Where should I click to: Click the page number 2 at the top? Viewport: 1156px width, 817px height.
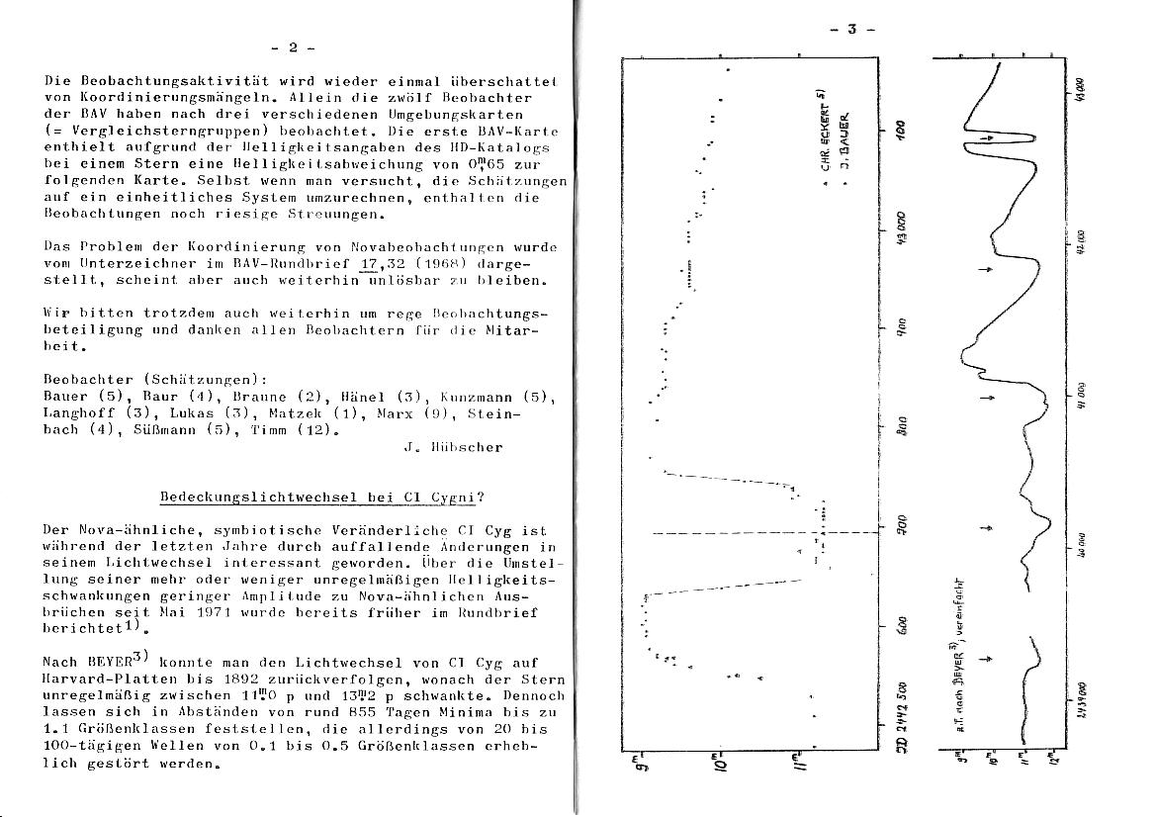tap(292, 46)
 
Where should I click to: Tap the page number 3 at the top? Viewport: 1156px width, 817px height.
tap(851, 30)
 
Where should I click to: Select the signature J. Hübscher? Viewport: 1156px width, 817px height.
tap(453, 447)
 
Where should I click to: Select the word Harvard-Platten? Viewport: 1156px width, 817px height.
tap(109, 681)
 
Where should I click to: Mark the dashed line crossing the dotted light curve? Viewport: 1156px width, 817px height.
tap(752, 533)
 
